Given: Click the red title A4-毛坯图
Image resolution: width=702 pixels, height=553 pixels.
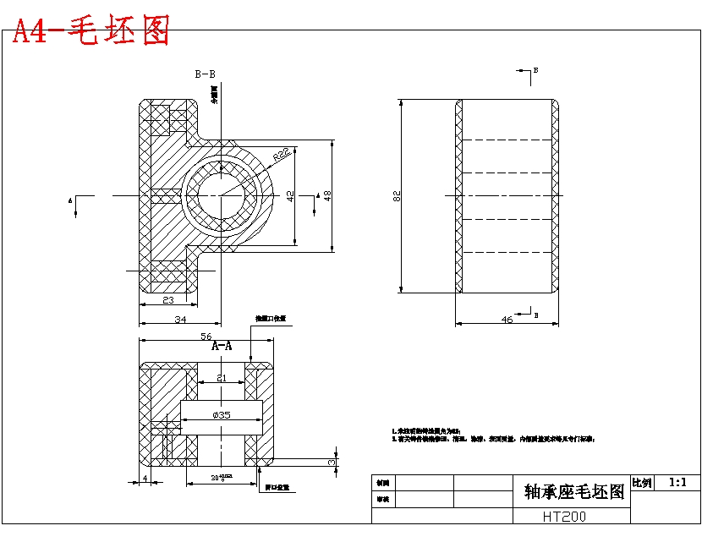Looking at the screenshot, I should (x=90, y=31).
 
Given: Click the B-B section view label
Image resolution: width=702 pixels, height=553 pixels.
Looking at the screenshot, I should (x=206, y=74).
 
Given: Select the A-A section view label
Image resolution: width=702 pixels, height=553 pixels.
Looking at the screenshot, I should (x=222, y=346).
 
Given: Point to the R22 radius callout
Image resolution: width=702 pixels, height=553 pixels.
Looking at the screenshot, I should (x=282, y=154).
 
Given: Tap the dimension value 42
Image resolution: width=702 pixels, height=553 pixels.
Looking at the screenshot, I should (x=291, y=195).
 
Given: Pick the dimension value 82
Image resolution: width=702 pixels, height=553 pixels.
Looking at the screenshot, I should (x=397, y=196).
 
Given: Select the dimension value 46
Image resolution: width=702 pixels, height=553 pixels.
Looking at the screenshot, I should (x=507, y=320).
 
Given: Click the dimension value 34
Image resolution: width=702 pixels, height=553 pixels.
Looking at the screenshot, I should (x=180, y=319).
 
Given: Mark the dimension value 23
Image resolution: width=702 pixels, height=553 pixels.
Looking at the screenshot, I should (x=167, y=299).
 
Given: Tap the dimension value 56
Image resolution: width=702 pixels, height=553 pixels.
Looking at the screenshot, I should (x=206, y=337).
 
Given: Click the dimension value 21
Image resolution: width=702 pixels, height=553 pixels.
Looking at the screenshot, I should (x=222, y=378).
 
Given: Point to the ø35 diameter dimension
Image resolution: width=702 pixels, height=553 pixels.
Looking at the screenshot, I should (x=222, y=415).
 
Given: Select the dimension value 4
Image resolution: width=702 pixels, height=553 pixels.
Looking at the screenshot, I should (x=145, y=479).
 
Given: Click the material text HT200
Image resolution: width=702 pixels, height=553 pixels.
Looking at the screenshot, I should (x=564, y=516).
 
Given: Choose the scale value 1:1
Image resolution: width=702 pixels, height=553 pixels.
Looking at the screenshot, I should (x=677, y=482).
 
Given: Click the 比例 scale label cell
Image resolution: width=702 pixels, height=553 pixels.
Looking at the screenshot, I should (x=642, y=483).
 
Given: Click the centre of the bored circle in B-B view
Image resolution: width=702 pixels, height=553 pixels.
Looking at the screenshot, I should (x=222, y=195).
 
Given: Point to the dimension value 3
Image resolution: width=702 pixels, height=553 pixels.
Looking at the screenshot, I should (x=332, y=463).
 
